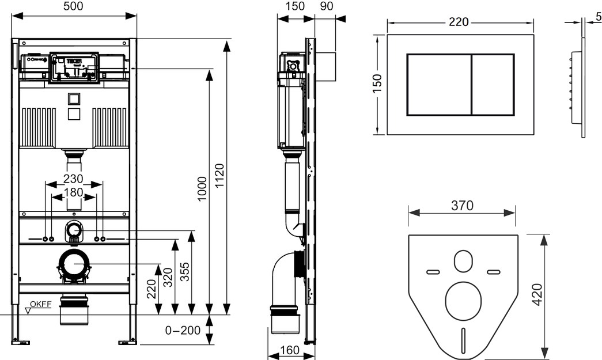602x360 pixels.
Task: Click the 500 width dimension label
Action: (x=73, y=6)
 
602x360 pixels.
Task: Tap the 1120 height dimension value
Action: (x=219, y=176)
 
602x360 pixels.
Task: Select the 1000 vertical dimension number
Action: (x=202, y=188)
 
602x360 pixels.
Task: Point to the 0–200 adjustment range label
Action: (x=183, y=330)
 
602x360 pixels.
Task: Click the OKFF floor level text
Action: (x=41, y=304)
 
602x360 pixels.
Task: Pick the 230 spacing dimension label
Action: (x=73, y=179)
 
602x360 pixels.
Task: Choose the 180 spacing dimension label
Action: (x=73, y=192)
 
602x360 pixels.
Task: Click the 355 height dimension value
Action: (x=185, y=272)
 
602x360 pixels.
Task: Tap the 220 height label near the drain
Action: (x=152, y=289)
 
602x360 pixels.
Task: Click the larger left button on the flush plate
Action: (x=439, y=85)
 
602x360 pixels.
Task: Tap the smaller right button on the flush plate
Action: (x=493, y=85)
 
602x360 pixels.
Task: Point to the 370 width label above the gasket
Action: (x=462, y=206)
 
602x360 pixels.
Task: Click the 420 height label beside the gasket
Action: (x=537, y=294)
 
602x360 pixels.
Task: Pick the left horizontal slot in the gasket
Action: (x=433, y=272)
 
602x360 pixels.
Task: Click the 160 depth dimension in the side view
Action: (x=289, y=350)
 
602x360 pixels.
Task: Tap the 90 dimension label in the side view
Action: (x=326, y=6)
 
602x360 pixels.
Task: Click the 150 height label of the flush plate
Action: (x=377, y=84)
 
